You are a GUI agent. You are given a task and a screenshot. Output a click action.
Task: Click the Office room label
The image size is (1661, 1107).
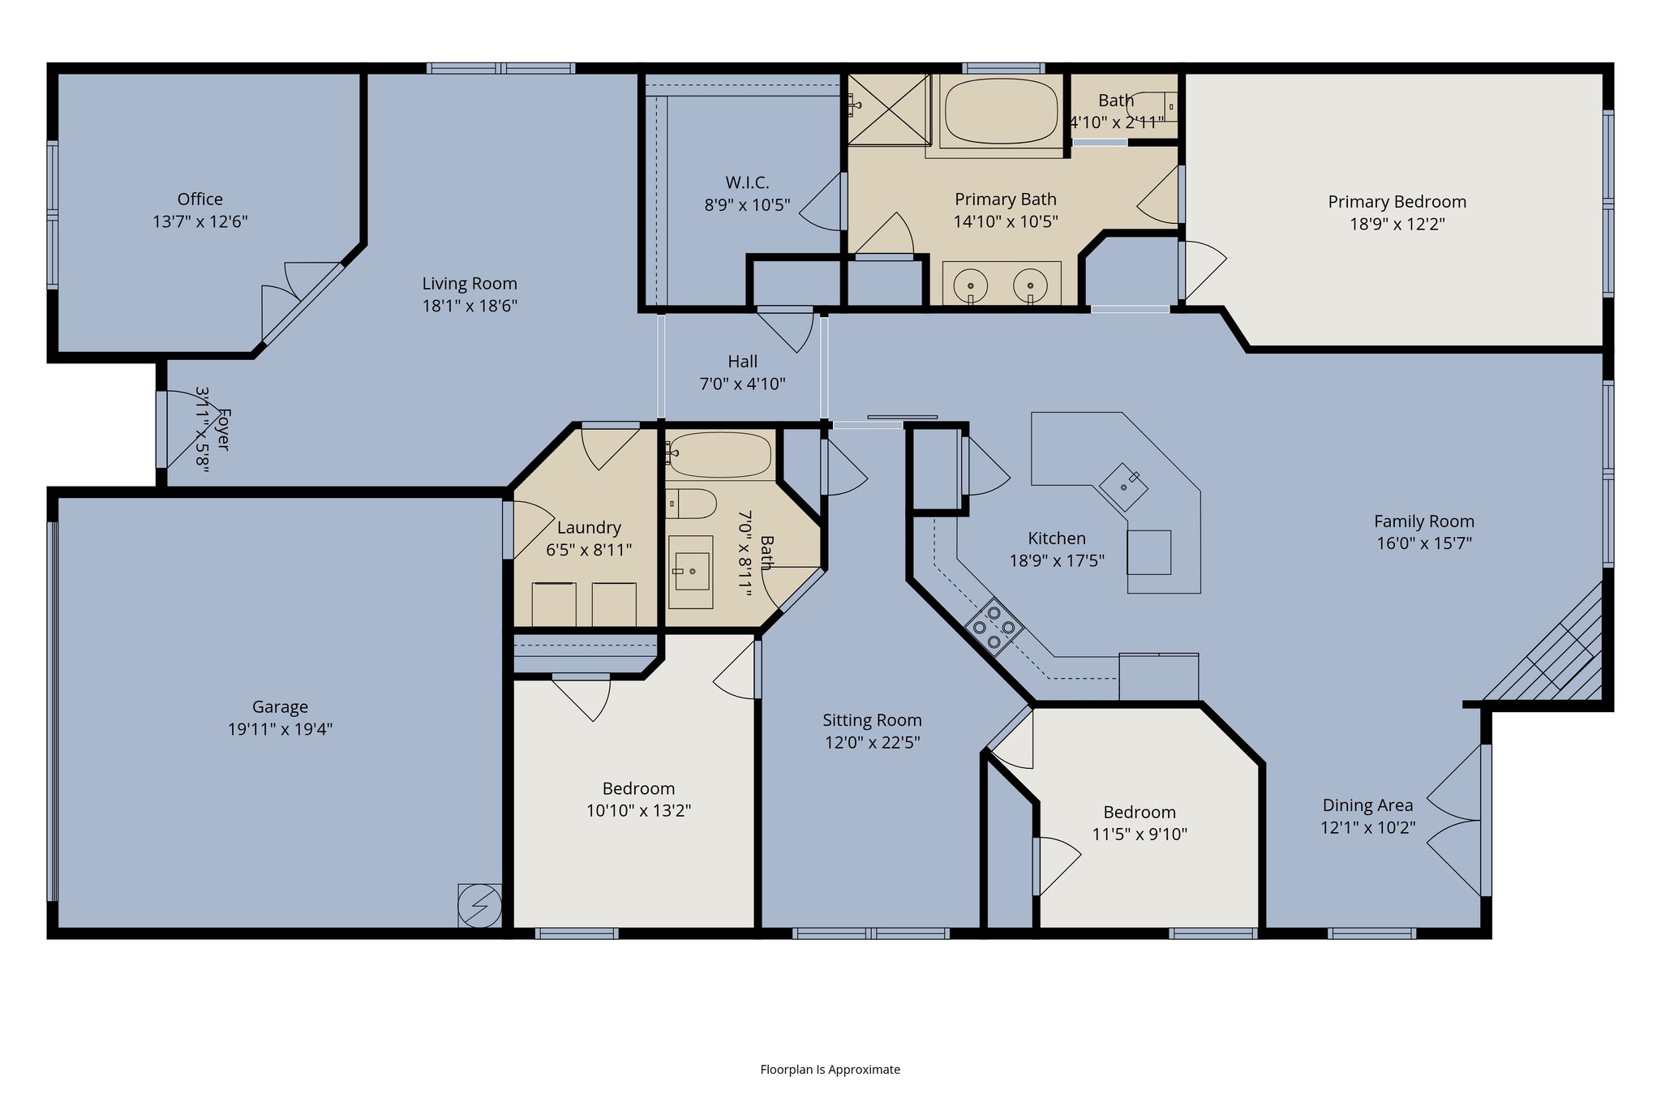pos(200,199)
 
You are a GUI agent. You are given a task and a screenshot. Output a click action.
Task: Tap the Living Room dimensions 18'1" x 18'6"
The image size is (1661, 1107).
pos(470,306)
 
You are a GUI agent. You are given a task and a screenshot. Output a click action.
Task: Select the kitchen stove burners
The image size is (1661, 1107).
pos(994,626)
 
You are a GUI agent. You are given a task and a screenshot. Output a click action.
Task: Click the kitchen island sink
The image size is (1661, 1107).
pos(1124,486)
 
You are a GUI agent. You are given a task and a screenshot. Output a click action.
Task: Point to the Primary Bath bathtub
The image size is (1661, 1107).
pos(1002,111)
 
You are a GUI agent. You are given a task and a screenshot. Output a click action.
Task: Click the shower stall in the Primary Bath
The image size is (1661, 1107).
pos(889,109)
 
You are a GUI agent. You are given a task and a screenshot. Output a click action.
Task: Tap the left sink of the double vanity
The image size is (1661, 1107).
pos(971,285)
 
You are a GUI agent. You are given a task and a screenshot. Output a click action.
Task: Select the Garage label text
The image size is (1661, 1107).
pos(280,706)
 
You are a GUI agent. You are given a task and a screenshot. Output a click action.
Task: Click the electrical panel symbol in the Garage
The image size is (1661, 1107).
pos(479,905)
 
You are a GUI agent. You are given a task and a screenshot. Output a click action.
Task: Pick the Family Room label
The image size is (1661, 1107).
pos(1423,521)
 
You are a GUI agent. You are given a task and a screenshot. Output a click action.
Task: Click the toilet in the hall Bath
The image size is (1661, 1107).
pos(691,504)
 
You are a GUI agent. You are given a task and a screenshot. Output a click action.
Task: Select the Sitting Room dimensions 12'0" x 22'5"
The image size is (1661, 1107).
pos(872,742)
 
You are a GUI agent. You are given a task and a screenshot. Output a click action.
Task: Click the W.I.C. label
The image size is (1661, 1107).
pos(747,182)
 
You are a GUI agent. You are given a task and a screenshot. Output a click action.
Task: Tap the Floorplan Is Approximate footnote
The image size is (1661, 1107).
pos(830,1070)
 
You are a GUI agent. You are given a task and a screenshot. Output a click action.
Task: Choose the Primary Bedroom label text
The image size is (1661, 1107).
pos(1397,202)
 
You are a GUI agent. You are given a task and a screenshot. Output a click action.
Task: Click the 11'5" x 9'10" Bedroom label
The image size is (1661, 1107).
pos(1139,813)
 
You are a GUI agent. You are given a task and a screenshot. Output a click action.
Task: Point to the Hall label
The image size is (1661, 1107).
pos(742,362)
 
